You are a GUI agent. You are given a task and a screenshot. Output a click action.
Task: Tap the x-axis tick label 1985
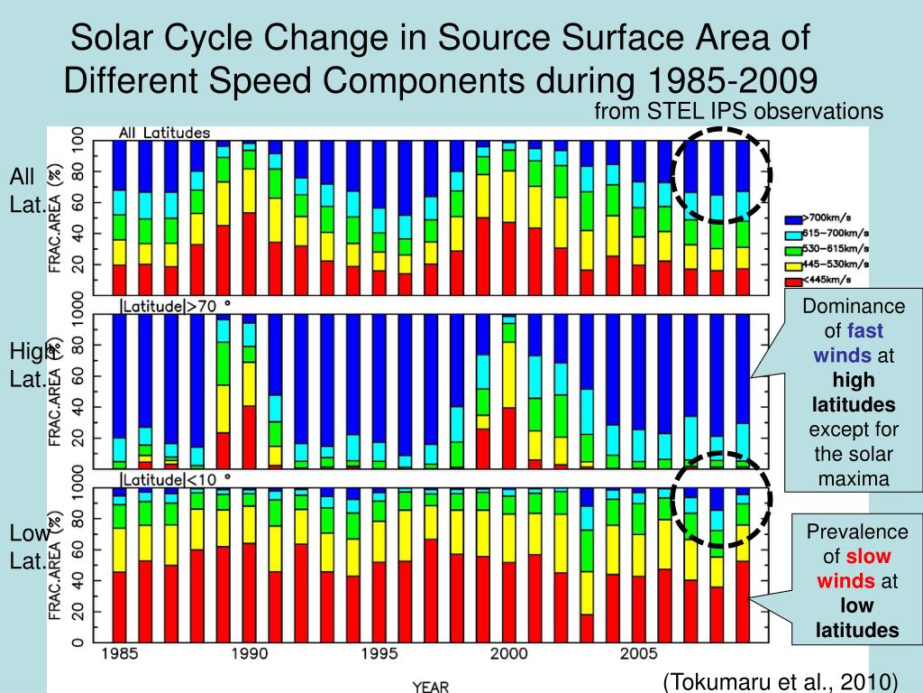click(119, 652)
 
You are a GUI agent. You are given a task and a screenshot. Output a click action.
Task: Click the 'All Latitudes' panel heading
click(165, 134)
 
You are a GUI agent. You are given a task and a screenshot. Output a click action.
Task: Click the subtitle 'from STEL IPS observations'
click(738, 111)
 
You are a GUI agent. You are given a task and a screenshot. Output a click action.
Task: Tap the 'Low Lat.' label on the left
click(27, 548)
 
